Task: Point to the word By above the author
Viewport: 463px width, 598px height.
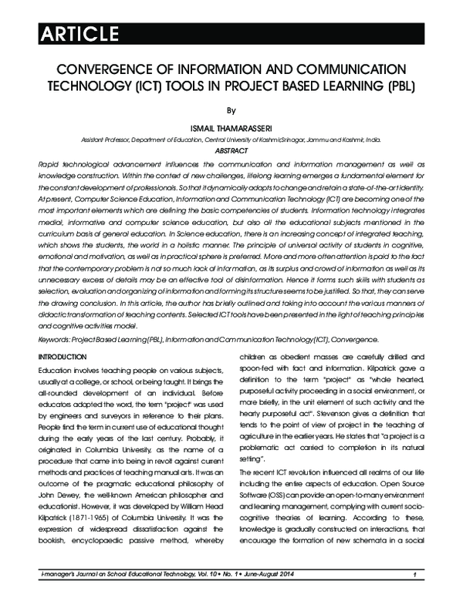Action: [231, 110]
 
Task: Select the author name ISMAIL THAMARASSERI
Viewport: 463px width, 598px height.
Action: [231, 128]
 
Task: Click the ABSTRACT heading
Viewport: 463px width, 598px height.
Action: [231, 152]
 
